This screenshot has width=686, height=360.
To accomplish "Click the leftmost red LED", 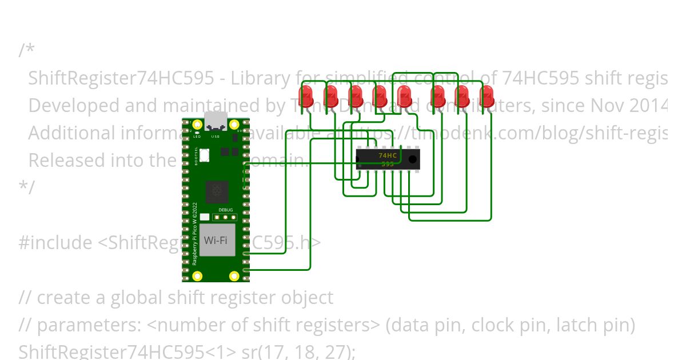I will pyautogui.click(x=306, y=95).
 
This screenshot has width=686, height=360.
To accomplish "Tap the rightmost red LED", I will pyautogui.click(x=486, y=95).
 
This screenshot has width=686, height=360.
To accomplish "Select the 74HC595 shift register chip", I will pyautogui.click(x=388, y=159).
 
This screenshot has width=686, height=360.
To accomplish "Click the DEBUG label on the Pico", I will pyautogui.click(x=226, y=210).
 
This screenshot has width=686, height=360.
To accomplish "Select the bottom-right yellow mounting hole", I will pyautogui.click(x=234, y=277).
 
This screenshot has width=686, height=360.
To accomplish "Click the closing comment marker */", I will pyautogui.click(x=26, y=187).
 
